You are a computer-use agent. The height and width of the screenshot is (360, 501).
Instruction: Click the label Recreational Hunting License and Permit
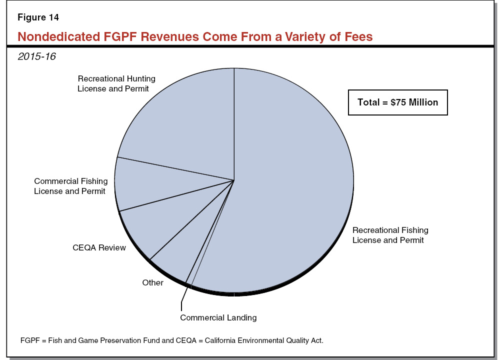[116, 83]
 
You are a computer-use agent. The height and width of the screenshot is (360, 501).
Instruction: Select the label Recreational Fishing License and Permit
[390, 235]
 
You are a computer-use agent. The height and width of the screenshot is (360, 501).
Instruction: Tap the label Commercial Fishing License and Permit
[69, 186]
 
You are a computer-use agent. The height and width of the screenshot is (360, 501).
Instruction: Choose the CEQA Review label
[99, 247]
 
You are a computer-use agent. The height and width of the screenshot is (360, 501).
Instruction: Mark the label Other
[152, 282]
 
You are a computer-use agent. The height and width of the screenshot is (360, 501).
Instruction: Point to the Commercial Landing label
[218, 317]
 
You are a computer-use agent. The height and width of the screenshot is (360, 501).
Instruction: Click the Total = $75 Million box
[397, 102]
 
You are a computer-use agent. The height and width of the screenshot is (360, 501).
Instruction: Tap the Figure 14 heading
[38, 17]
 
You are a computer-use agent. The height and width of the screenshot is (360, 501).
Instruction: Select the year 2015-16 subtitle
[36, 56]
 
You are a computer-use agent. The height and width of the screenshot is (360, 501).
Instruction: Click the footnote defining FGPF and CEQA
[172, 340]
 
